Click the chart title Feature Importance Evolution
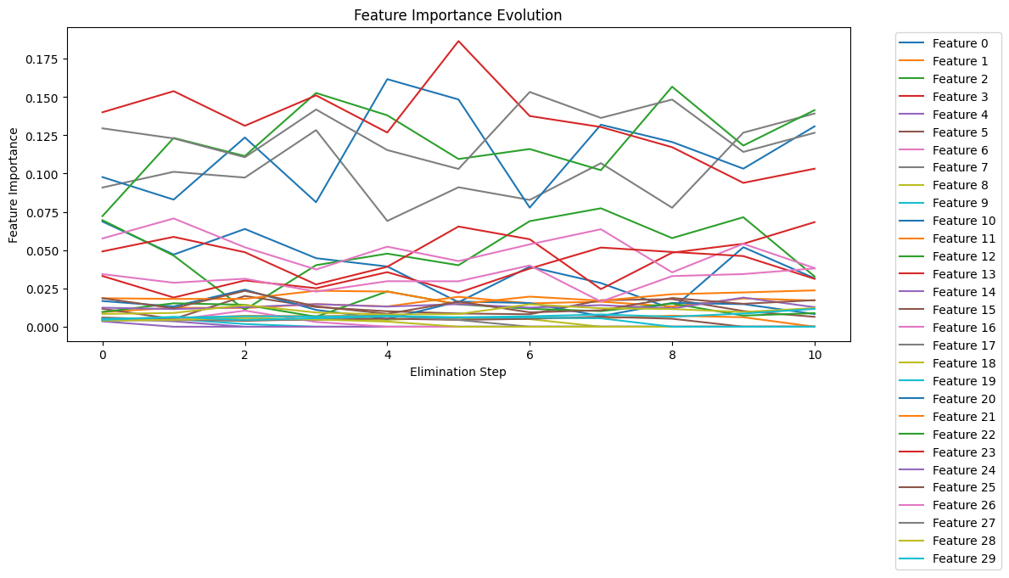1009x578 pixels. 457,15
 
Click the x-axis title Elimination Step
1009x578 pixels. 458,372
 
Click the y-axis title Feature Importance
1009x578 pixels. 14,185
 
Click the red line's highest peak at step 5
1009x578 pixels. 458,41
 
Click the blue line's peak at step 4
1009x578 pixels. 387,79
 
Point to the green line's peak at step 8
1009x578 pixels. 672,87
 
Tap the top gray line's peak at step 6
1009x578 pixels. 530,92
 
